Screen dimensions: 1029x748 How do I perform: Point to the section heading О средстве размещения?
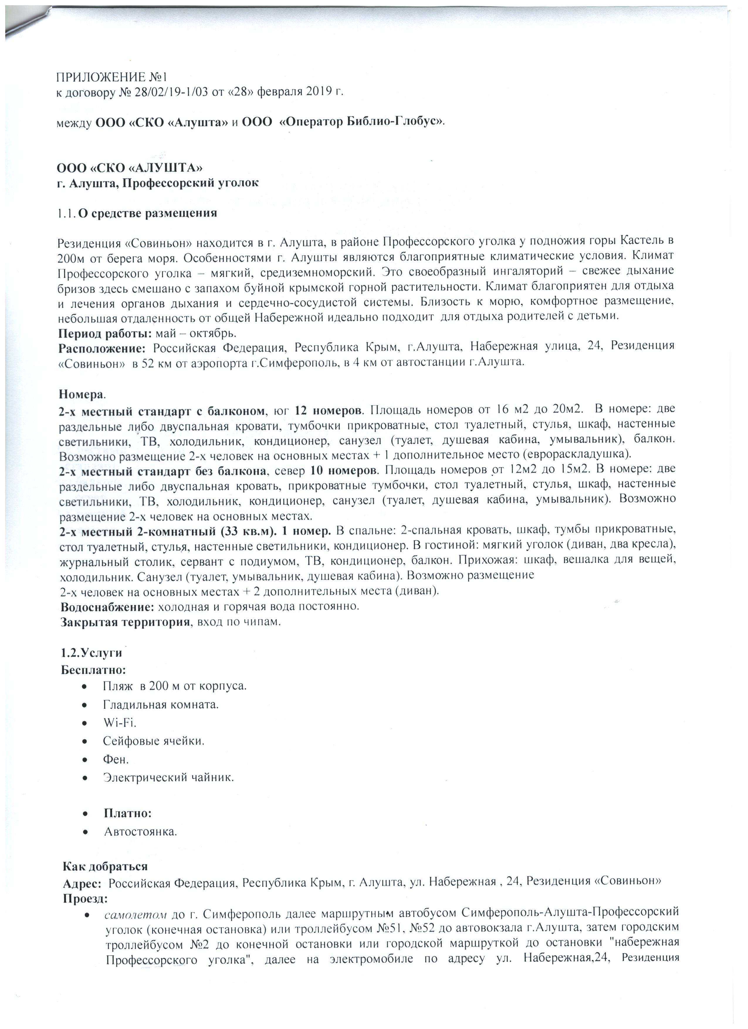pos(148,213)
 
